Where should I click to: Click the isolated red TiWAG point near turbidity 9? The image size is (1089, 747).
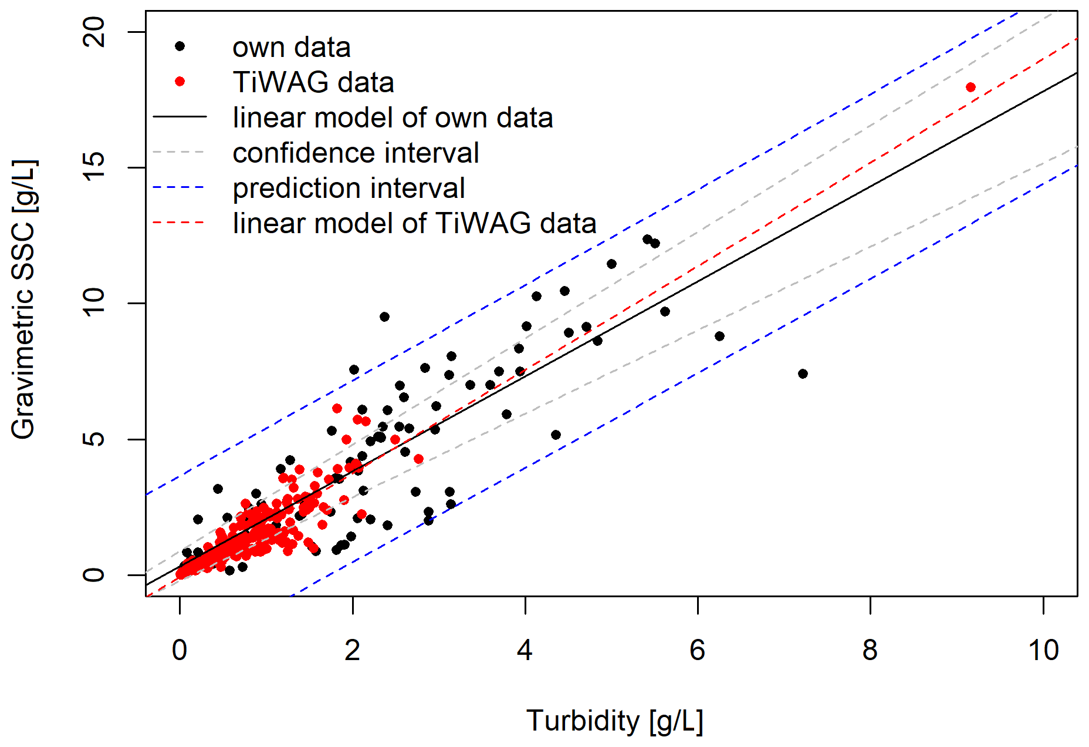(x=970, y=88)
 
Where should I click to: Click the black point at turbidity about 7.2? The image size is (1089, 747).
(x=803, y=373)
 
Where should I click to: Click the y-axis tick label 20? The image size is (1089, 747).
(x=94, y=32)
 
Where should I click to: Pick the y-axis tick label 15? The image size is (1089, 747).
(x=94, y=167)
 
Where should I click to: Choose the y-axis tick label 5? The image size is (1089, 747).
(x=94, y=439)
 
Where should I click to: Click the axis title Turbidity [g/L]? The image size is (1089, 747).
(x=614, y=721)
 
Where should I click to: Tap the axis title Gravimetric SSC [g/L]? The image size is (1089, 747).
(x=23, y=299)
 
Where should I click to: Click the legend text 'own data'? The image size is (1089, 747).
(x=292, y=48)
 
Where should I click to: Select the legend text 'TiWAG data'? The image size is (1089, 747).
(x=313, y=82)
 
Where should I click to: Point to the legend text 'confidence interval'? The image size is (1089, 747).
(x=356, y=153)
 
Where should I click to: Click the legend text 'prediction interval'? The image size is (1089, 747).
(x=349, y=189)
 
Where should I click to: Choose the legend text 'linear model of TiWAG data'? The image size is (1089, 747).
(x=414, y=224)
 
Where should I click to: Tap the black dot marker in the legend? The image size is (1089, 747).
(x=180, y=46)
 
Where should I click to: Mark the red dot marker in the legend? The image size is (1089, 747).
(x=180, y=82)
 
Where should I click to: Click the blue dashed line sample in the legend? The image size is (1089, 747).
(x=179, y=188)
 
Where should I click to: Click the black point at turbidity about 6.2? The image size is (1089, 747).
(x=719, y=336)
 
